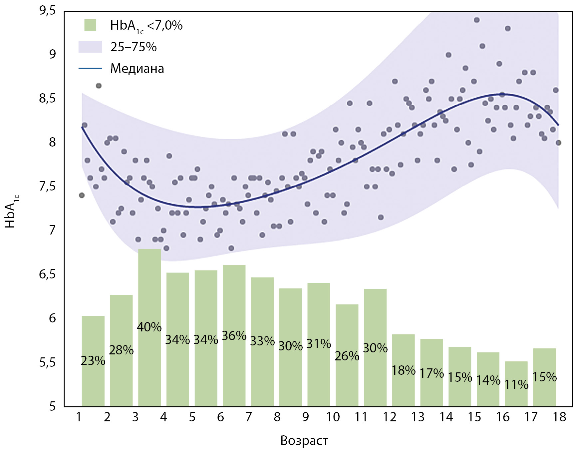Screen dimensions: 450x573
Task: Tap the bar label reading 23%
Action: point(93,361)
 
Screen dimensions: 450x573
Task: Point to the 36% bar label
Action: point(234,336)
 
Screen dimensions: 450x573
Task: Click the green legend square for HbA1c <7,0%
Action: point(90,25)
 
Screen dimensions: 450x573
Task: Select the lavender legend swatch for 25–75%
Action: point(90,47)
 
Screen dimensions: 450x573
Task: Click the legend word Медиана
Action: point(137,69)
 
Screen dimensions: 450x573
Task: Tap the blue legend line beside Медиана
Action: point(90,69)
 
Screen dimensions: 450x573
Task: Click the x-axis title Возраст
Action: point(304,440)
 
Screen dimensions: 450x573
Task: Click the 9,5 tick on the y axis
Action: point(47,11)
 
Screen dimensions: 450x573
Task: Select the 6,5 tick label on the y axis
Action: point(47,274)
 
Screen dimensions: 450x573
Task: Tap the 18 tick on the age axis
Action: point(559,417)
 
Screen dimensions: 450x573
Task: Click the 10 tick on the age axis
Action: point(333,417)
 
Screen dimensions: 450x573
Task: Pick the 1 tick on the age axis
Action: point(79,417)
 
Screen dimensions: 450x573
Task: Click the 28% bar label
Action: point(121,350)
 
